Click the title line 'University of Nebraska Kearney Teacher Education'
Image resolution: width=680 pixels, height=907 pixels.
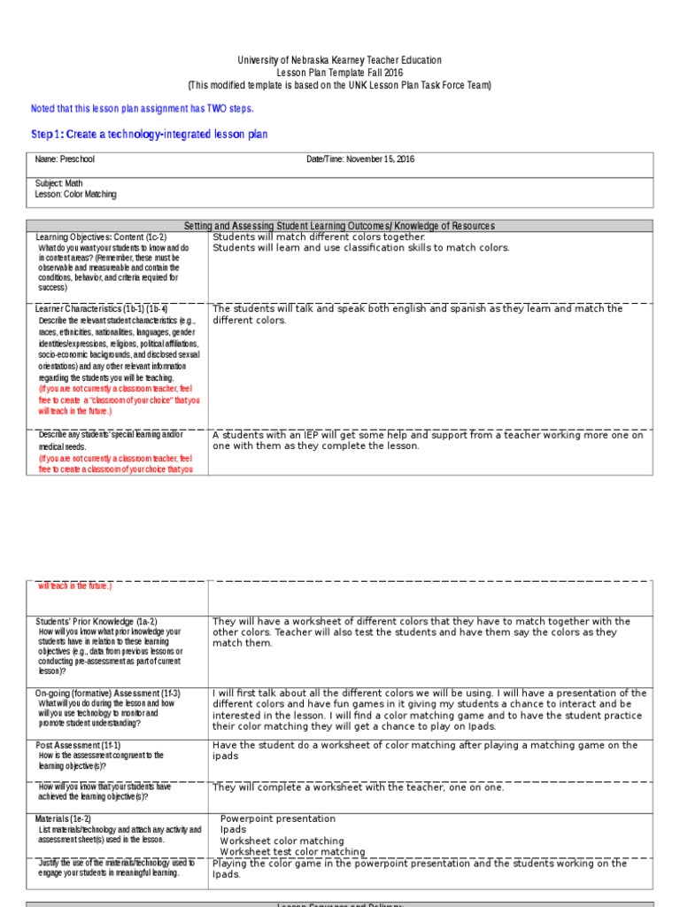tap(339, 60)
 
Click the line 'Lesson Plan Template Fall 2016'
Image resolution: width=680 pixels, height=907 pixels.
tap(339, 73)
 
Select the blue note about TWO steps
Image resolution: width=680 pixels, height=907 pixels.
tap(142, 108)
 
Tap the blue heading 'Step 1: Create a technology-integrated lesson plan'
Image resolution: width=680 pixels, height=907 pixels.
tap(149, 135)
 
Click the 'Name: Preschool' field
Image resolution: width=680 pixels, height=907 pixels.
tap(65, 159)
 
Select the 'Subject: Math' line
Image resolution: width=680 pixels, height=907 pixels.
tap(58, 183)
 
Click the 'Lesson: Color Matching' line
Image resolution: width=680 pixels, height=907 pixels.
tap(75, 194)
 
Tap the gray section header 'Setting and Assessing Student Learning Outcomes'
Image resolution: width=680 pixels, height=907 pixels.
tap(339, 226)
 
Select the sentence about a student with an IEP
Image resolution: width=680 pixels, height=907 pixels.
tap(428, 440)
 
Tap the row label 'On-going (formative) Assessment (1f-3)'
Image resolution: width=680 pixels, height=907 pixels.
tap(107, 693)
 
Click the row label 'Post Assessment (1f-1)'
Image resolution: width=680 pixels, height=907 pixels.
tap(78, 745)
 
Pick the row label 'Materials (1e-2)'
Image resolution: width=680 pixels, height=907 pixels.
tap(63, 818)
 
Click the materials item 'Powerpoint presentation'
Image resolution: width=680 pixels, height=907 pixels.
tap(278, 819)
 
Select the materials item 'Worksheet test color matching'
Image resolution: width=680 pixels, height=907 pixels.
tap(292, 851)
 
